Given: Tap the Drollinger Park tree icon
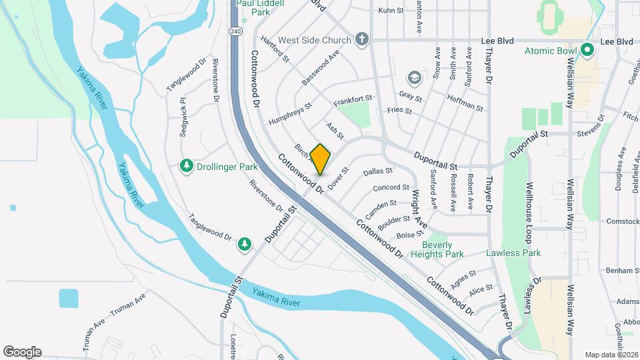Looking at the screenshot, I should point(187,165).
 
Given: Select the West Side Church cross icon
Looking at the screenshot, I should point(361,39).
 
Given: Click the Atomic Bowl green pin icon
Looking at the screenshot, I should point(587,50).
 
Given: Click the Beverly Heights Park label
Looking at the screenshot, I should point(437,249).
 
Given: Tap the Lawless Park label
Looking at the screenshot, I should point(513,253).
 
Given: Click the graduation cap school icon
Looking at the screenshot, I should point(414,79).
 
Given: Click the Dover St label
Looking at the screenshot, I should point(338,177).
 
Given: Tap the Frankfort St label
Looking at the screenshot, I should point(353,102).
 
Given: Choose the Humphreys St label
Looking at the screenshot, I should point(290,115).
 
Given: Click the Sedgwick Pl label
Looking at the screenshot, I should point(183,119).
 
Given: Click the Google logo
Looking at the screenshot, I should point(22,351).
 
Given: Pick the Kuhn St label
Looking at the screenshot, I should point(391,11).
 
